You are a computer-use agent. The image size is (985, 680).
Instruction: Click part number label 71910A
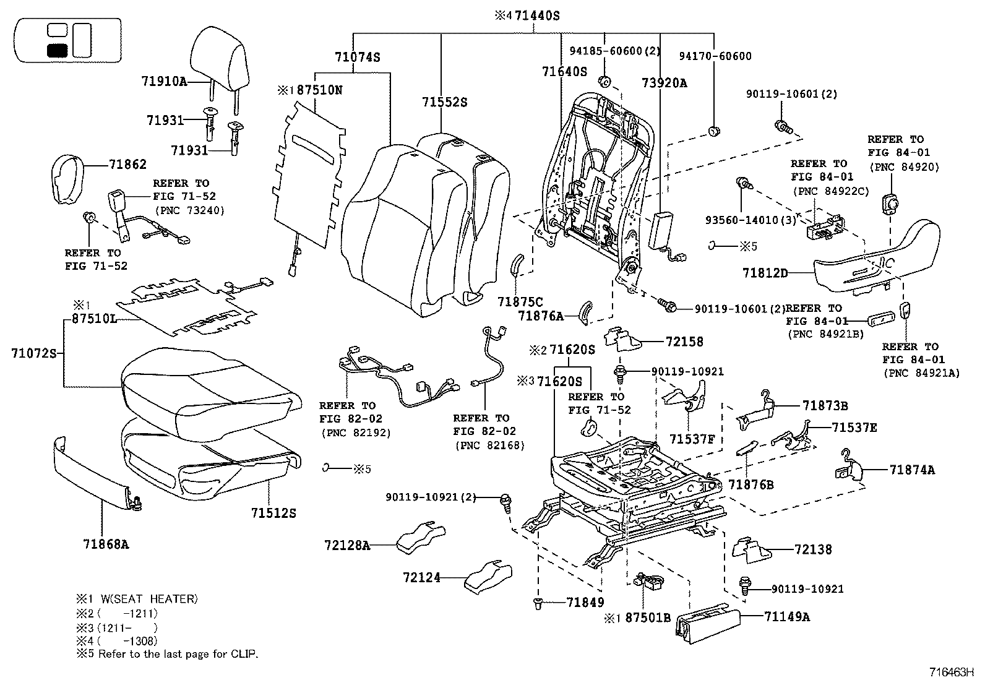pos(164,82)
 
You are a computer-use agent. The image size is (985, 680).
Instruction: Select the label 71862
pos(128,164)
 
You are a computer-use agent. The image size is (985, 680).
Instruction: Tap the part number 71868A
pos(106,544)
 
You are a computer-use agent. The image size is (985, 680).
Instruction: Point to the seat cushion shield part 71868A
pos(93,474)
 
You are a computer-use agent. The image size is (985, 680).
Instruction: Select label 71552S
pos(445,102)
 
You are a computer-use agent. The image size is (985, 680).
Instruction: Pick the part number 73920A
pos(664,84)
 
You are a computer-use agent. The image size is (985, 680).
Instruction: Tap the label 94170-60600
pos(715,56)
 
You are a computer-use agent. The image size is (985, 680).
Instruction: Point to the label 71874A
pos(912,470)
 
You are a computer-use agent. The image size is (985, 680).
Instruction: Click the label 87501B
pos(648,617)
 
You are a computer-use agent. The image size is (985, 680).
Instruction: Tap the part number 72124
pos(421,577)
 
